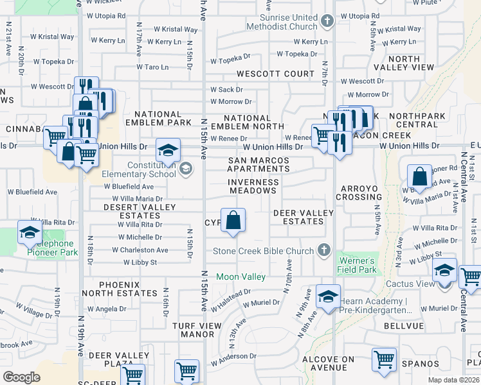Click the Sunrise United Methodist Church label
pyautogui.click(x=282, y=22)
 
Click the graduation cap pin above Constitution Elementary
pyautogui.click(x=168, y=151)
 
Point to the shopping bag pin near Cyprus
pyautogui.click(x=233, y=221)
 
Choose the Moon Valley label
pyautogui.click(x=240, y=277)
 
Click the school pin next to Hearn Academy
pyautogui.click(x=327, y=297)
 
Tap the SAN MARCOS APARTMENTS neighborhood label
pyautogui.click(x=259, y=164)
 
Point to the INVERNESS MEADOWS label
pyautogui.click(x=253, y=186)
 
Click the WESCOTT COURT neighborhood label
pyautogui.click(x=275, y=74)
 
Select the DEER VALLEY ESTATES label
pyautogui.click(x=304, y=217)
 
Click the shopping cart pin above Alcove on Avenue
pyautogui.click(x=384, y=360)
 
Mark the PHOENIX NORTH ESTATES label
pyautogui.click(x=129, y=289)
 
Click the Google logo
pyautogui.click(x=22, y=377)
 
